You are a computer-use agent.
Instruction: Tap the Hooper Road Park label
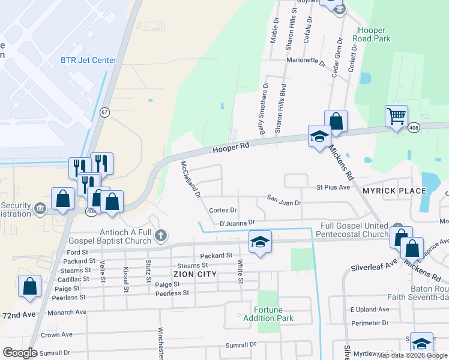click(x=373, y=34)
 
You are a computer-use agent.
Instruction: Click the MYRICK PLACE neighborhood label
click(x=394, y=191)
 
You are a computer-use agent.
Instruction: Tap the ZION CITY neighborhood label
click(x=194, y=274)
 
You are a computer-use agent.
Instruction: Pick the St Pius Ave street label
click(x=333, y=187)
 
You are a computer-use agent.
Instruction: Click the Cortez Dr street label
click(x=223, y=210)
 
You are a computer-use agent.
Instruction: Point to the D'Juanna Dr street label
click(x=238, y=223)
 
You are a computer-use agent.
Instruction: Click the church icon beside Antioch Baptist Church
click(x=160, y=236)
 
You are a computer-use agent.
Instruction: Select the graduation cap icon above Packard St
click(x=260, y=242)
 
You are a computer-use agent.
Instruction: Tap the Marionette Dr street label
click(x=306, y=61)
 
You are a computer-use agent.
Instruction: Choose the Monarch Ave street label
click(x=67, y=312)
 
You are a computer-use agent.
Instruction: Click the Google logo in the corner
click(x=20, y=353)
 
